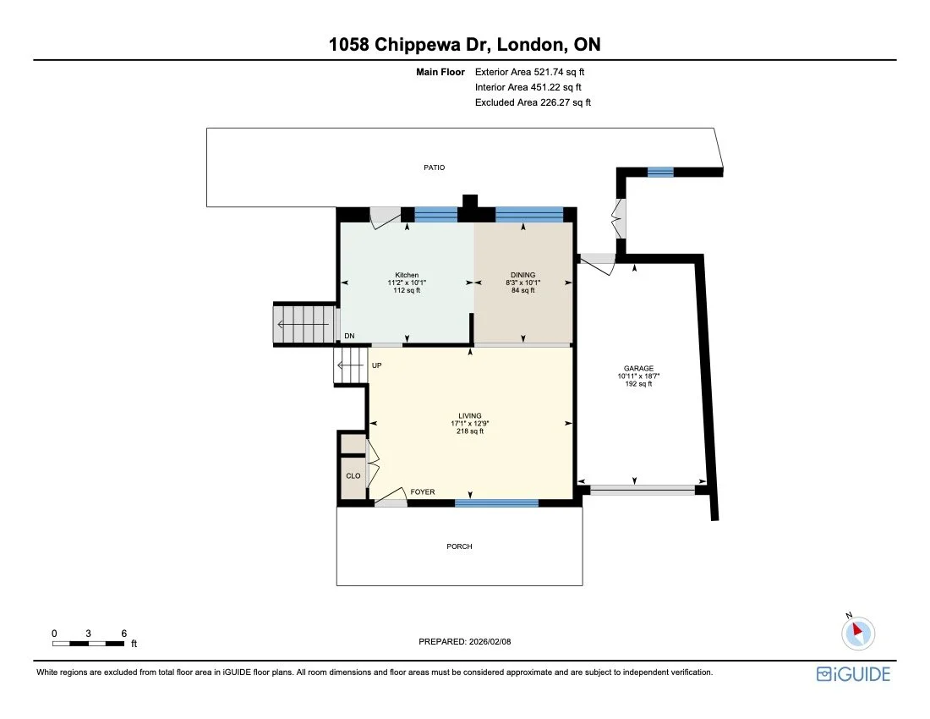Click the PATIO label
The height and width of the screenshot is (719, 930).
(x=434, y=167)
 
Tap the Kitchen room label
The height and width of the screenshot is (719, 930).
(x=407, y=275)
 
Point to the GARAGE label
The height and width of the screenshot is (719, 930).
(x=639, y=369)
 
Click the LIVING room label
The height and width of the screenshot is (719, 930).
(x=470, y=416)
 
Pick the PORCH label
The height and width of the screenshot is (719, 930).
(x=459, y=546)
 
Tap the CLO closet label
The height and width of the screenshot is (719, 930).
(x=353, y=476)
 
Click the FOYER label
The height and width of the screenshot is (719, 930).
(x=423, y=491)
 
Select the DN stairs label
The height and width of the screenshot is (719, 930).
(x=349, y=337)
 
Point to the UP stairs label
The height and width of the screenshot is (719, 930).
(x=377, y=365)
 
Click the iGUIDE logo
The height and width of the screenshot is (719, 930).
(x=853, y=674)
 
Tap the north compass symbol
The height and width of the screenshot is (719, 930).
(x=859, y=631)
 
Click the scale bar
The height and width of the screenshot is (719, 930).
(x=89, y=644)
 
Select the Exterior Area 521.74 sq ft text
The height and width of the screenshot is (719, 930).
(x=529, y=72)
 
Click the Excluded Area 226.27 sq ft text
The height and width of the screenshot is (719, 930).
(x=533, y=102)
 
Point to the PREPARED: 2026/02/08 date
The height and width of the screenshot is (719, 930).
(x=465, y=642)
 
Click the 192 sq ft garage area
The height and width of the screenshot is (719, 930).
(x=639, y=384)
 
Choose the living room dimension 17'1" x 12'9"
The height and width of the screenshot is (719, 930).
(x=470, y=424)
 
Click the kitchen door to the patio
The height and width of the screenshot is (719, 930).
(x=386, y=217)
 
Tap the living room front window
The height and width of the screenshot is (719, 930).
(x=496, y=503)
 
